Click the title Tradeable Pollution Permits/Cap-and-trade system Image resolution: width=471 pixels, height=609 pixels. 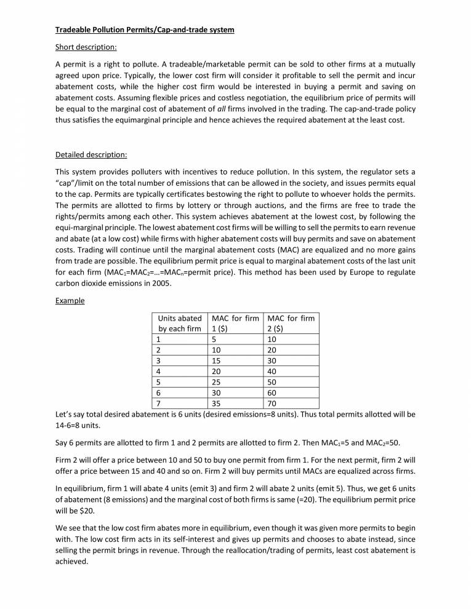[145, 30]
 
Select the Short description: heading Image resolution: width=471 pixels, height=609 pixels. [86, 47]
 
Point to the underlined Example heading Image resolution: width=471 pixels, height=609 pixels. [70, 301]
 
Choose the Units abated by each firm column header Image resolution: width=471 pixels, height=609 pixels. [180, 324]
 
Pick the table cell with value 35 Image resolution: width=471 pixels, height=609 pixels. [217, 404]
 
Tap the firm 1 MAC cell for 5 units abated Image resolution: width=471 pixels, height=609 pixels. [217, 381]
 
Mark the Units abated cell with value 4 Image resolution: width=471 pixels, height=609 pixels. [160, 370]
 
